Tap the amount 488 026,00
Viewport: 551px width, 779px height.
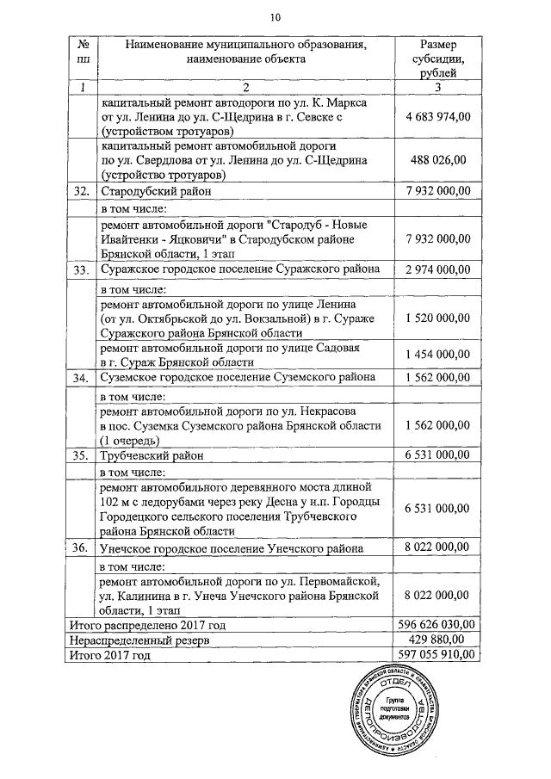[x=438, y=159]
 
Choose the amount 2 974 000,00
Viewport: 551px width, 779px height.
[x=438, y=269]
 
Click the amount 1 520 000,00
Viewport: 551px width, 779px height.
[x=438, y=318]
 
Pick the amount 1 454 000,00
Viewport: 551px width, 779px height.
[x=438, y=355]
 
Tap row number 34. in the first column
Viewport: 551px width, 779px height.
[x=82, y=377]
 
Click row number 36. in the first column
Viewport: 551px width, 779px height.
[x=82, y=547]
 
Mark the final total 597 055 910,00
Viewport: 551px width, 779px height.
[x=438, y=655]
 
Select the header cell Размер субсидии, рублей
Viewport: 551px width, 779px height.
[x=438, y=59]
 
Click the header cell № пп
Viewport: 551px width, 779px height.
[x=82, y=52]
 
